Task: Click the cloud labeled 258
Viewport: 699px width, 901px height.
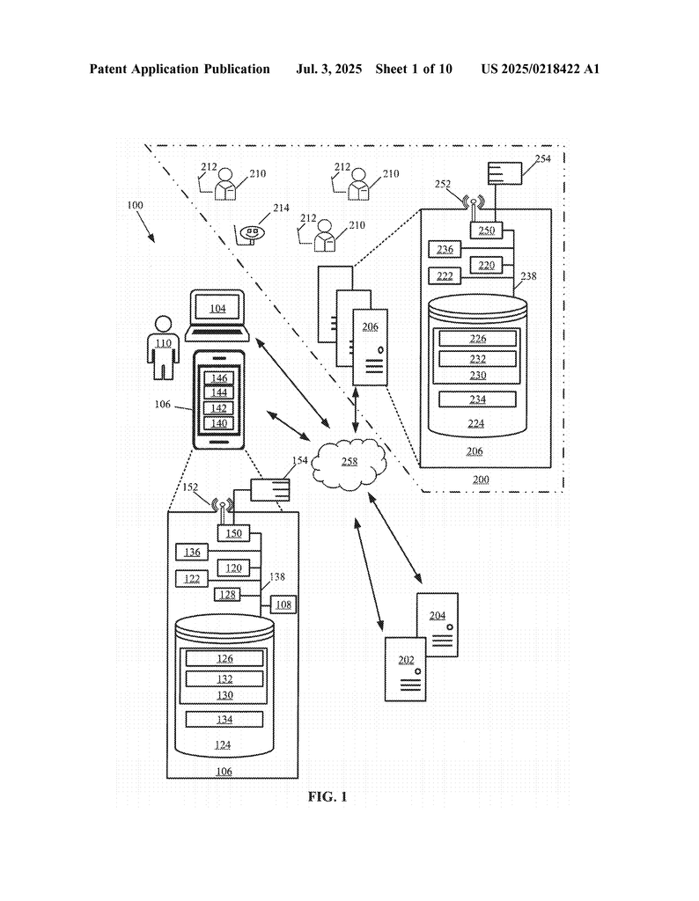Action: [349, 463]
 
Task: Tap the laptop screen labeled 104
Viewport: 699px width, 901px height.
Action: [217, 308]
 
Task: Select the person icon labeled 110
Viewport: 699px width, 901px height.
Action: [163, 347]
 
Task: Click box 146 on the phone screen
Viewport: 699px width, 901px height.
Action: [219, 378]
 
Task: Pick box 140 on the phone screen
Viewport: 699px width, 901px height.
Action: [219, 423]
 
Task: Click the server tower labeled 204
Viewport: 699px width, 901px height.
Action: [438, 625]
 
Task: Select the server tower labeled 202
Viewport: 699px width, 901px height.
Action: [406, 669]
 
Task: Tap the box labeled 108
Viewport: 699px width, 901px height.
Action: [283, 604]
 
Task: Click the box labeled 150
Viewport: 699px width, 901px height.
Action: [233, 533]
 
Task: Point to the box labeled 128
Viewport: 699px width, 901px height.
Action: [228, 594]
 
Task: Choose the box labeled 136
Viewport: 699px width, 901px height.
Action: [192, 553]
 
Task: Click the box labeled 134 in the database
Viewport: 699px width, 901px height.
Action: [224, 720]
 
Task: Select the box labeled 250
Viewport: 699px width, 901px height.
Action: [486, 231]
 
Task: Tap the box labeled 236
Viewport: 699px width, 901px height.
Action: [445, 249]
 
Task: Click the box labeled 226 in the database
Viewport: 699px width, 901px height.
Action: [478, 339]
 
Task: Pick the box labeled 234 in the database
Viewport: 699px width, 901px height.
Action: [478, 399]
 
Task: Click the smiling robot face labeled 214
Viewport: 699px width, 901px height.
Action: [252, 232]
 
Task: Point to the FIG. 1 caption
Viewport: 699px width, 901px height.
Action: [327, 797]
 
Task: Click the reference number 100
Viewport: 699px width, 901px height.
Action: [135, 205]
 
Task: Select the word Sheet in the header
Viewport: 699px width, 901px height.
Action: [391, 70]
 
